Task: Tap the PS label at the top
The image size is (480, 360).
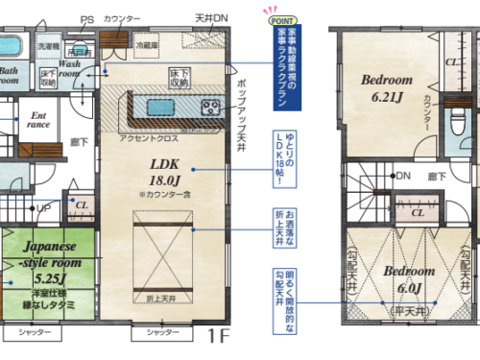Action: pos(87,19)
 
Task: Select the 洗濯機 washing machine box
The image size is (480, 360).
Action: pos(48,45)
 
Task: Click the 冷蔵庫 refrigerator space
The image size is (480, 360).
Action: pos(147,44)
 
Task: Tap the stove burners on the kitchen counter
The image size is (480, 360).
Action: pos(210,107)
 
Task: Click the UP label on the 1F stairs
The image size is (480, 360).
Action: pos(43,207)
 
